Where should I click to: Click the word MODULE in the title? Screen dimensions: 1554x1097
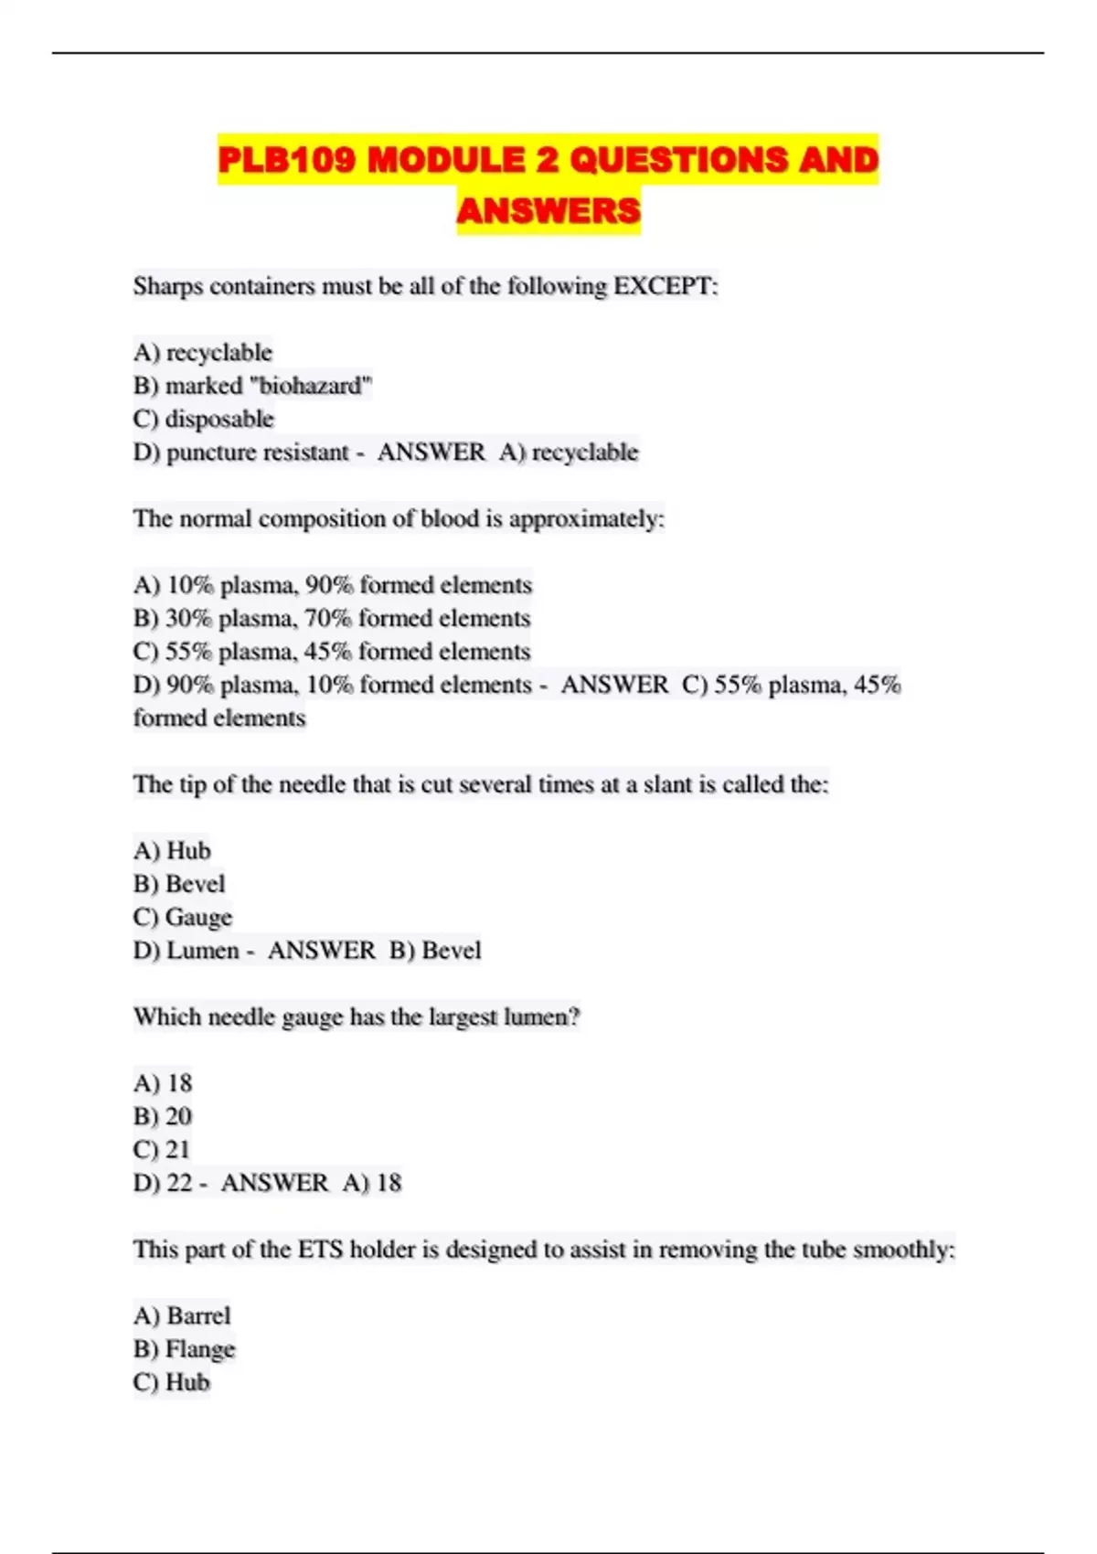[445, 160]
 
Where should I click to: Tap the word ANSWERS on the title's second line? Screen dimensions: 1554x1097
[548, 211]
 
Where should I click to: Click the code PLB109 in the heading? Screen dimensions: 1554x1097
[286, 160]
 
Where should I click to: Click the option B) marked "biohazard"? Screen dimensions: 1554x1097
[252, 386]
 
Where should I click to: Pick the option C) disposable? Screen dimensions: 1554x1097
[203, 419]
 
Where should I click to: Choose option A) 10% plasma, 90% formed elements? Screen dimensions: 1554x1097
[332, 585]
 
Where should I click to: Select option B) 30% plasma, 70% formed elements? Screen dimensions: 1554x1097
[331, 618]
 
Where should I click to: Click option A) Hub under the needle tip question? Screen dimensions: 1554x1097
[172, 851]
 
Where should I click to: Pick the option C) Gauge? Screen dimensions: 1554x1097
[183, 917]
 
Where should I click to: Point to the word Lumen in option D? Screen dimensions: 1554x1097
[203, 951]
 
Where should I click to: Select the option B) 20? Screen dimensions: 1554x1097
[163, 1116]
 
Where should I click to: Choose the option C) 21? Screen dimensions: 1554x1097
[162, 1149]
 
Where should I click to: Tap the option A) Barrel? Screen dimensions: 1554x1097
[182, 1315]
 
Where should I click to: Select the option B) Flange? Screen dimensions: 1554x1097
[184, 1349]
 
